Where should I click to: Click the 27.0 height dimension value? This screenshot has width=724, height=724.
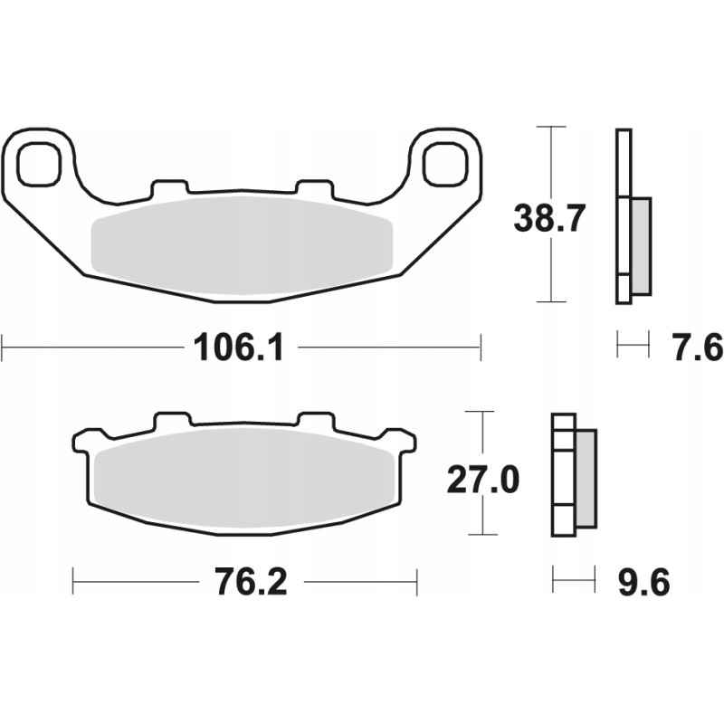coord(483,481)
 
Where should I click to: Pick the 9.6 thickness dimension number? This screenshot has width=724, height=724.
coord(644,583)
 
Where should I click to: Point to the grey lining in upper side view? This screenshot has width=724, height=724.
coord(640,245)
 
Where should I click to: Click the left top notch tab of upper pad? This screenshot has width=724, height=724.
coord(170,187)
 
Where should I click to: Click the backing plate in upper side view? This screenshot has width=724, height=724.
coord(624,217)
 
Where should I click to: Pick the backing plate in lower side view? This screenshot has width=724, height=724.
coord(563,475)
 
